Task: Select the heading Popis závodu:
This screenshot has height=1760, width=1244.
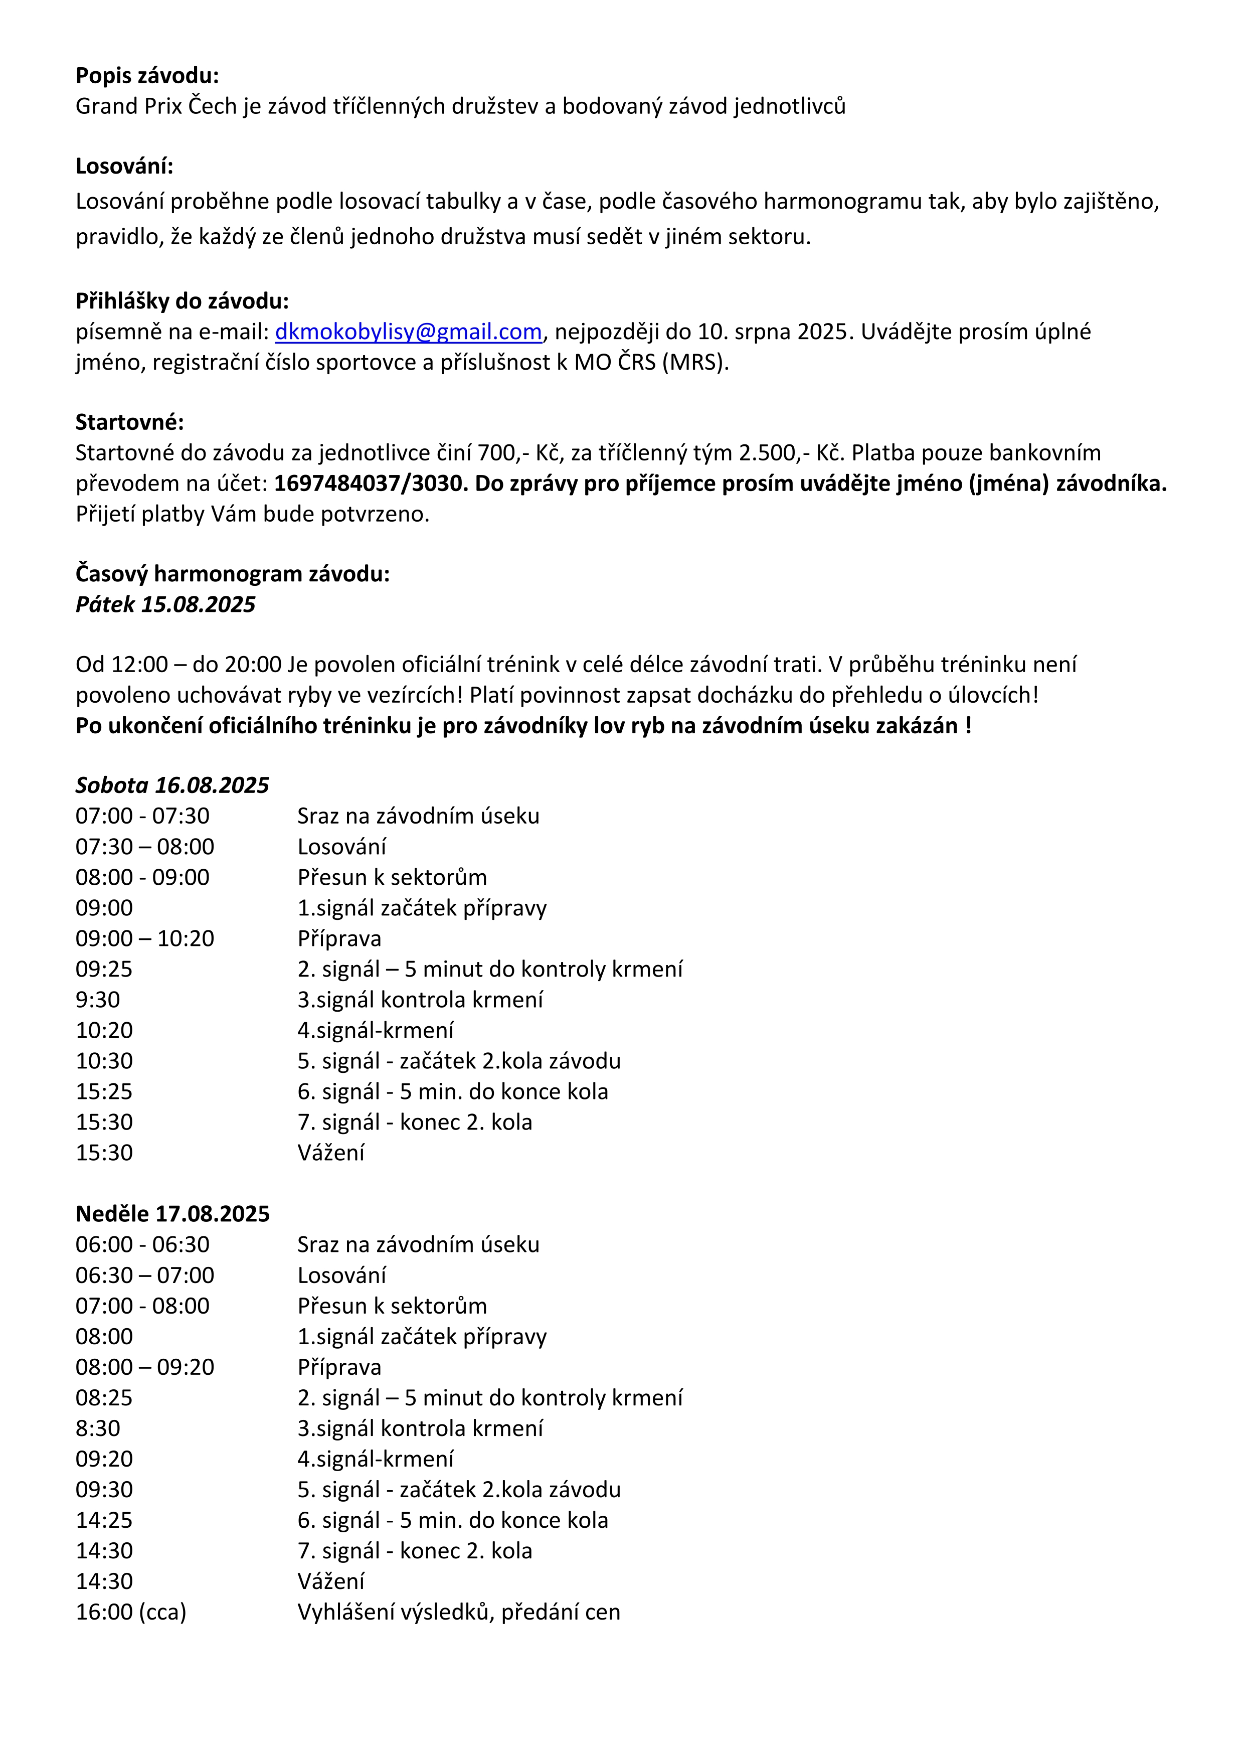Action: (x=147, y=76)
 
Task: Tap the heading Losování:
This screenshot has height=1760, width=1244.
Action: (x=124, y=167)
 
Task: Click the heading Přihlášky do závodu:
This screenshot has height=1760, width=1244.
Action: (x=182, y=301)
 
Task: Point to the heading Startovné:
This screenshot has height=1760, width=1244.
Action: (x=129, y=422)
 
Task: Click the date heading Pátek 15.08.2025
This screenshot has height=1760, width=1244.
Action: (x=165, y=605)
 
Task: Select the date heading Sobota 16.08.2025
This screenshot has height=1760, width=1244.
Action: (x=171, y=785)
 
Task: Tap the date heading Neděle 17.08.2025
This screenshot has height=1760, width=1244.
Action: (x=172, y=1213)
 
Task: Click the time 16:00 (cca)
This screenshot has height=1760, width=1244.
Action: (x=131, y=1612)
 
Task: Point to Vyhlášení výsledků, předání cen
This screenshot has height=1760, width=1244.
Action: (x=458, y=1612)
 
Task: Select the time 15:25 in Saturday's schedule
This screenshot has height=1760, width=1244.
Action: (x=104, y=1091)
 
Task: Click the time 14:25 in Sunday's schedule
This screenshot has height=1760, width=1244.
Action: (x=104, y=1520)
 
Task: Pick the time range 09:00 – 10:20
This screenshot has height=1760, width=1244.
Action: (x=145, y=938)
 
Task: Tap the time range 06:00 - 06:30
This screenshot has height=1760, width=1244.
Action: (x=142, y=1244)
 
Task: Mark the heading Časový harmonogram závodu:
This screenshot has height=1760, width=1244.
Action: (x=232, y=574)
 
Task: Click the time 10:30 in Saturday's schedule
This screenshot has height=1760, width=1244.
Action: (x=104, y=1061)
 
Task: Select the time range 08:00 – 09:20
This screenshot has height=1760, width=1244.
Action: (x=145, y=1367)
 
